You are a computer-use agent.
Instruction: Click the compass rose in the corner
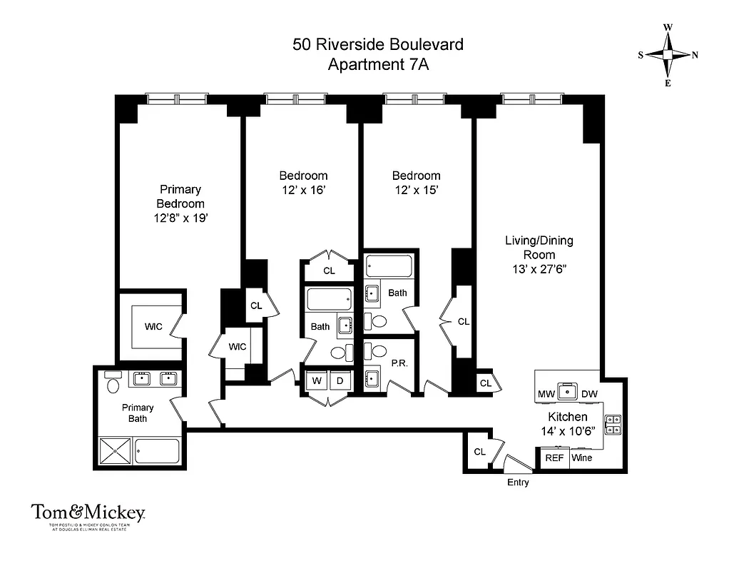668,55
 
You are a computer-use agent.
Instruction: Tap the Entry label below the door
518,482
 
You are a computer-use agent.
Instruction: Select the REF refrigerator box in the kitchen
553,458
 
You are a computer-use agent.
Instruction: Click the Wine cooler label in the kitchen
581,458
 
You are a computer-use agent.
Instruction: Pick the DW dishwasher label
589,394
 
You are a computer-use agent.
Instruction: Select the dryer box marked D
340,381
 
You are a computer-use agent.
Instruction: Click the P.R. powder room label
399,363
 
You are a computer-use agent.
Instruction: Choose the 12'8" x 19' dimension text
180,218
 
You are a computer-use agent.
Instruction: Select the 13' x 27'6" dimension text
539,269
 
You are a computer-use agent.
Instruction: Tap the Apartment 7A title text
377,64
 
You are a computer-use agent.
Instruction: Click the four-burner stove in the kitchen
613,425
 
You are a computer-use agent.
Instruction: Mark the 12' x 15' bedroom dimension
416,191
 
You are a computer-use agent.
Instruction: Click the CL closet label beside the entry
479,452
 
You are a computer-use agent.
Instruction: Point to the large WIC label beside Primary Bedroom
153,327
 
